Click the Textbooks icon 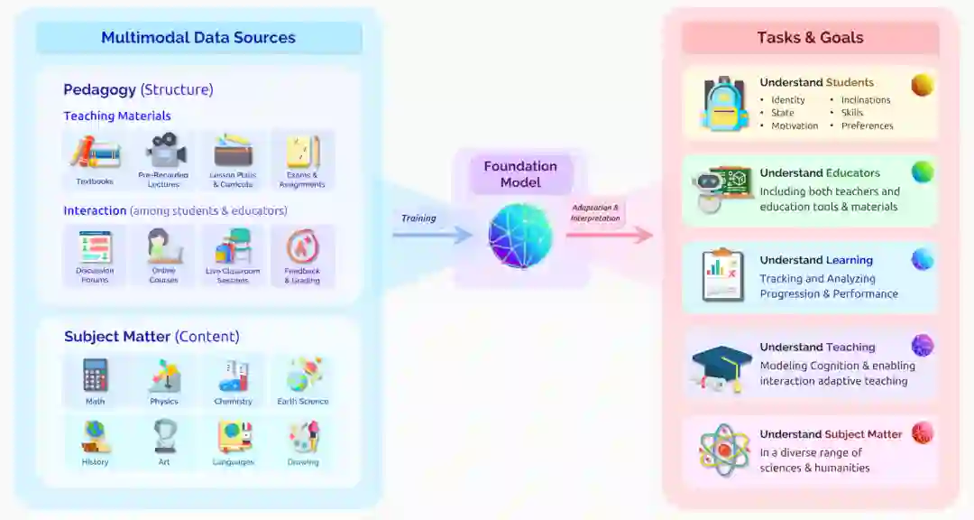(95, 153)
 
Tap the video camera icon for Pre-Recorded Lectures (164, 150)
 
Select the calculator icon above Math (95, 375)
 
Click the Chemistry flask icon (233, 375)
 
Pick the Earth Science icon (303, 375)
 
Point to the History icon (95, 437)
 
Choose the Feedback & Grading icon (302, 246)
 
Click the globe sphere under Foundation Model (520, 236)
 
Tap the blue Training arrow (432, 235)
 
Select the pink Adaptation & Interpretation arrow (610, 235)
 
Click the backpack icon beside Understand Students (726, 103)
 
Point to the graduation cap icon (721, 367)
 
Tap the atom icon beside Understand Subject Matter (724, 450)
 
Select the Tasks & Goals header (810, 38)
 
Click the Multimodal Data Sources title (198, 38)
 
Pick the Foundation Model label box (520, 174)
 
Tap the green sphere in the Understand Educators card (922, 172)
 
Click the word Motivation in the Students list (795, 126)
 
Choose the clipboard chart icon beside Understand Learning (722, 275)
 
